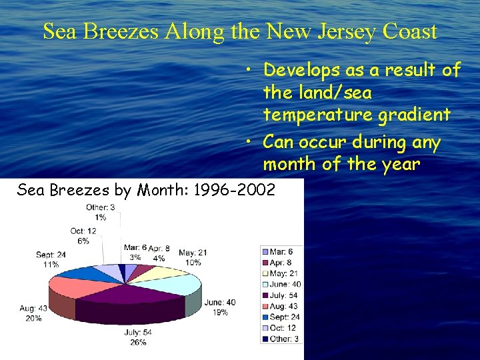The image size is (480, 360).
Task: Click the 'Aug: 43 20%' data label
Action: [33, 313]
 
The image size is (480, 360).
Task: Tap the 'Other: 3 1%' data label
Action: [101, 212]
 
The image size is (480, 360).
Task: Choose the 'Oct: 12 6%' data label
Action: [83, 236]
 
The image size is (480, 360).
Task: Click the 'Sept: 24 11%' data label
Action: [51, 259]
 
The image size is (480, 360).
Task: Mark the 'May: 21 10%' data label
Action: [193, 257]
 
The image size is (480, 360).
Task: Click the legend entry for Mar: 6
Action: [280, 251]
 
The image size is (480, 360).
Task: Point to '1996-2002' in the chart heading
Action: [233, 191]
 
